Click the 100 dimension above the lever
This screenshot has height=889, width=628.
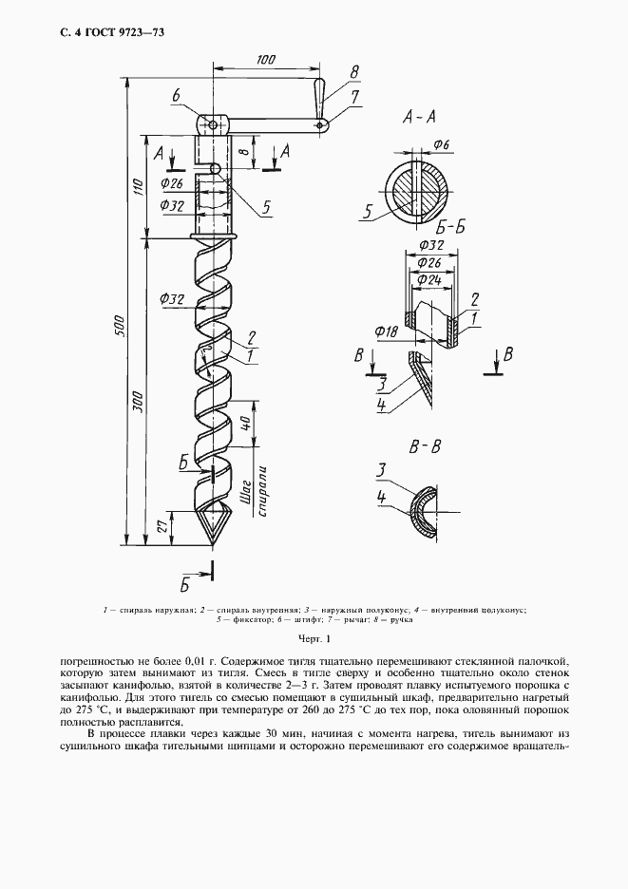(x=265, y=60)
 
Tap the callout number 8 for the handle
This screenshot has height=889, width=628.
(x=353, y=71)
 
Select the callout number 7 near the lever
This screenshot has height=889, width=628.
(x=353, y=96)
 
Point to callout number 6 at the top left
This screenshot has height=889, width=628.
(x=177, y=94)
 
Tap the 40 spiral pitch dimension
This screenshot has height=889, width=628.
(x=245, y=422)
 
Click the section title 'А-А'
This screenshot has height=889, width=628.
(x=418, y=119)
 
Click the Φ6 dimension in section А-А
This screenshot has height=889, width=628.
(x=443, y=144)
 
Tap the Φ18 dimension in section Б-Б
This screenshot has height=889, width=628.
(x=386, y=331)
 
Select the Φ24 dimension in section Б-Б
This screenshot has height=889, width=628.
(x=428, y=280)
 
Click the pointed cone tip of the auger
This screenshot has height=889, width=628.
(x=211, y=544)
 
